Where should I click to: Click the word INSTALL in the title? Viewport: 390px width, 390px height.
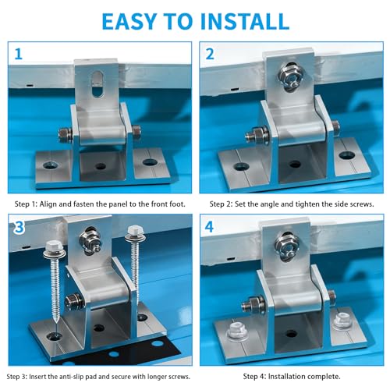coord(245,21)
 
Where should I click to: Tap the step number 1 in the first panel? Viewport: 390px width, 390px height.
coord(18,54)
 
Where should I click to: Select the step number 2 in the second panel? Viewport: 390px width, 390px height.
coord(210,54)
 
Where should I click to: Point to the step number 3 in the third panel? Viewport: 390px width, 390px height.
coord(19,227)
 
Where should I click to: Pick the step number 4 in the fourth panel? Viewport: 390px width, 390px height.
coord(209,227)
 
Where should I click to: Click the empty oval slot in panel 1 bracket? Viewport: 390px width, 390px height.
coord(97,84)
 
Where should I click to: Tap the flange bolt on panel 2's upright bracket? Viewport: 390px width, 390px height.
coord(291,76)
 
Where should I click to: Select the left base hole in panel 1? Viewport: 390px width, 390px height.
coord(51,165)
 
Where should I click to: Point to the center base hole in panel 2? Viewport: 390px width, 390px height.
coord(295,165)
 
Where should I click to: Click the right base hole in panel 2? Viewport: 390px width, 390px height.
coord(347,155)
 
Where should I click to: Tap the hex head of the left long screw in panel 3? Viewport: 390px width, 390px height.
coord(54,247)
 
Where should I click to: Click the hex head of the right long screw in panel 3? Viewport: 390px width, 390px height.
coord(134,230)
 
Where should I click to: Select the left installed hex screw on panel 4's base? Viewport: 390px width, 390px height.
coord(236,331)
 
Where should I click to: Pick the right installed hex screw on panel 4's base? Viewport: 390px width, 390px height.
coord(342,321)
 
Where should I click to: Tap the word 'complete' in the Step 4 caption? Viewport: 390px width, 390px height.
coord(324,376)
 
